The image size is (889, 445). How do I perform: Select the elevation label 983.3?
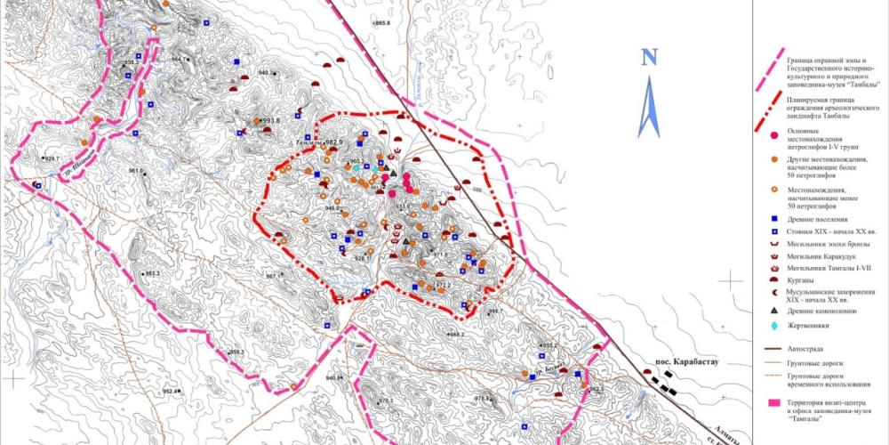[x=151, y=273]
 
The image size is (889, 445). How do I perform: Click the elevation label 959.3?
[x=236, y=352]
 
